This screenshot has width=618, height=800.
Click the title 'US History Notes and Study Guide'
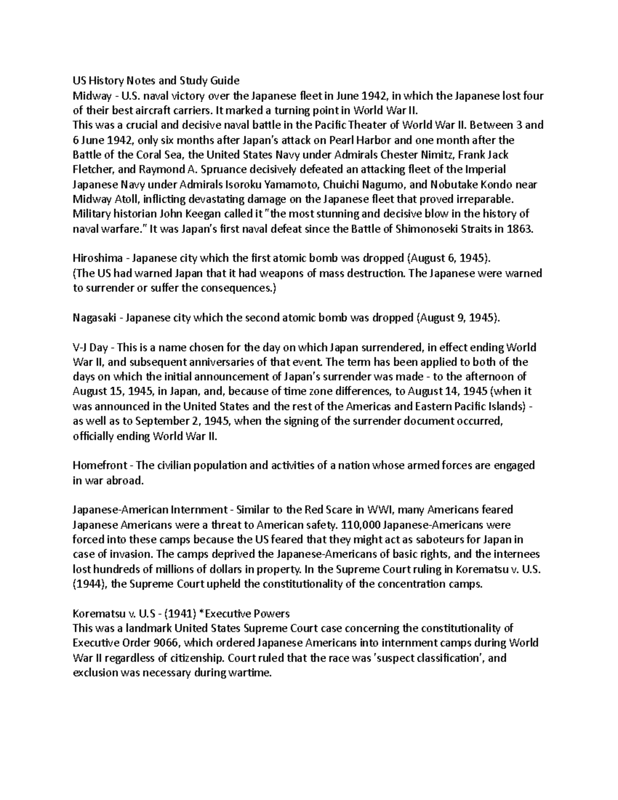tap(156, 80)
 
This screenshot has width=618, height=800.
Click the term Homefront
tap(100, 466)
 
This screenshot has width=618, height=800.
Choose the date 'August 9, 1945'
tap(456, 318)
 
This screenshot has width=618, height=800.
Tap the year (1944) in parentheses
tap(90, 584)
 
